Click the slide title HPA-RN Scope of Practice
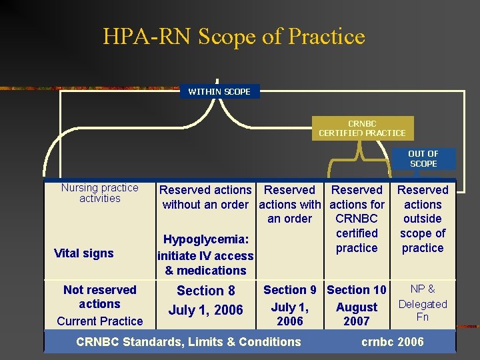(x=234, y=37)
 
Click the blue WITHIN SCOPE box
(x=219, y=91)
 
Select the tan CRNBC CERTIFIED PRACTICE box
(x=362, y=128)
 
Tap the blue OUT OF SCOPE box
(x=423, y=159)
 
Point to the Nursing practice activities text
(x=100, y=193)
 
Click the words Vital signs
(x=84, y=253)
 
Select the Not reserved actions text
(x=99, y=297)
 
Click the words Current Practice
(x=100, y=321)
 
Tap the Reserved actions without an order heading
(x=205, y=197)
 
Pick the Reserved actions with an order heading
(x=289, y=204)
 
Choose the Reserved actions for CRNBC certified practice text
(x=357, y=219)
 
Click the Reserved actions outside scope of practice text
(x=423, y=219)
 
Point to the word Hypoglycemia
(x=206, y=239)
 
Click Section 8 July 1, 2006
(x=205, y=300)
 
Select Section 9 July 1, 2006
(x=289, y=305)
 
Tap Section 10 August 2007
(x=357, y=305)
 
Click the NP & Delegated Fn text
(x=423, y=303)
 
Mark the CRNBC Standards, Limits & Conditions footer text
(x=189, y=342)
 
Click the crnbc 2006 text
(x=393, y=342)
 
